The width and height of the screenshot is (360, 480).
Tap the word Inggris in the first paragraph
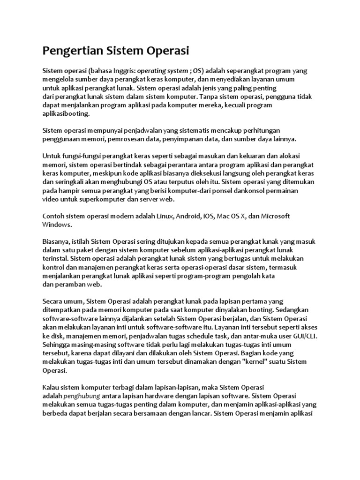point(123,71)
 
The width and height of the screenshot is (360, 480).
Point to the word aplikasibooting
point(65,114)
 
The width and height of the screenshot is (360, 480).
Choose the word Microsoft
point(275,216)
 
